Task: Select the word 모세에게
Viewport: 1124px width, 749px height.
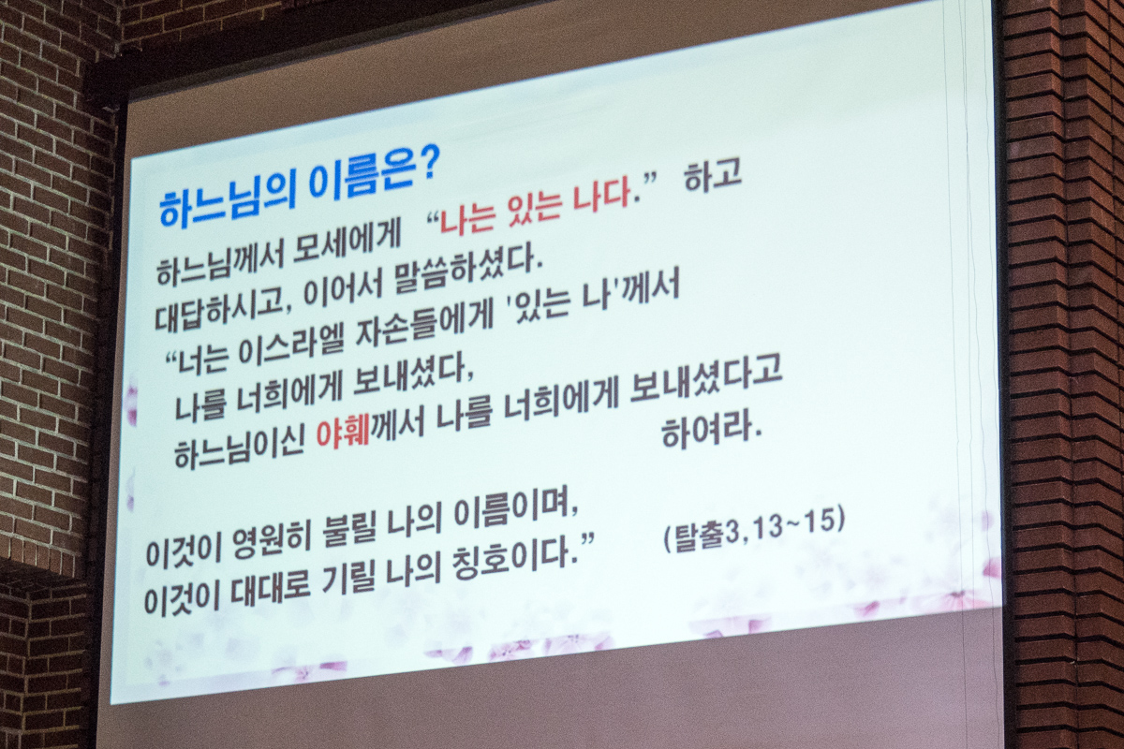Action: tap(347, 247)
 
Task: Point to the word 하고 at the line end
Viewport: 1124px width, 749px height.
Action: tap(713, 177)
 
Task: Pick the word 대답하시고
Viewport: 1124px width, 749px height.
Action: tap(216, 310)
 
